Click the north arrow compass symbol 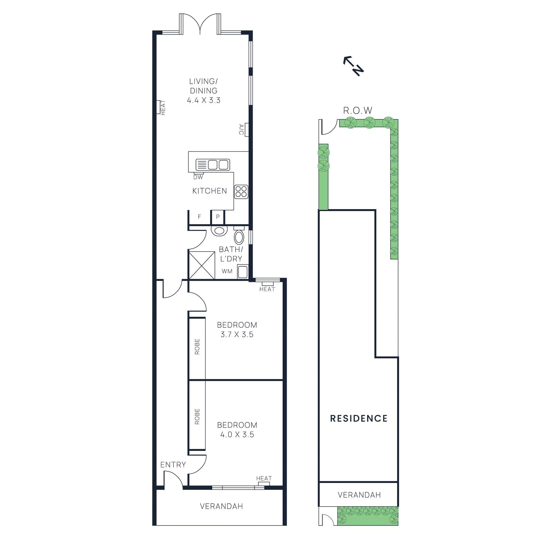pyautogui.click(x=353, y=66)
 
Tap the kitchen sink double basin pyautogui.click(x=213, y=165)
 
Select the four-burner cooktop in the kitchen pyautogui.click(x=241, y=192)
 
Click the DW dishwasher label pyautogui.click(x=198, y=177)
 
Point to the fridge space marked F pyautogui.click(x=199, y=217)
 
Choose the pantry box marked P pyautogui.click(x=218, y=217)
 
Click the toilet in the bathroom pyautogui.click(x=239, y=237)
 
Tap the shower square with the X pyautogui.click(x=202, y=265)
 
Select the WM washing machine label pyautogui.click(x=227, y=272)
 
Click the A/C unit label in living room pyautogui.click(x=241, y=130)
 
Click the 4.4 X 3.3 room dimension pyautogui.click(x=204, y=100)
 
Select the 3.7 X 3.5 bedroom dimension pyautogui.click(x=237, y=335)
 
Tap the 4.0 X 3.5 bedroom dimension pyautogui.click(x=237, y=435)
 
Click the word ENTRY pyautogui.click(x=173, y=465)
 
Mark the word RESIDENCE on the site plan pyautogui.click(x=359, y=418)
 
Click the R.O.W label pyautogui.click(x=358, y=111)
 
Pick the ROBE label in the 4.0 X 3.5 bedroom pyautogui.click(x=197, y=416)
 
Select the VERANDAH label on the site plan pyautogui.click(x=359, y=495)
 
